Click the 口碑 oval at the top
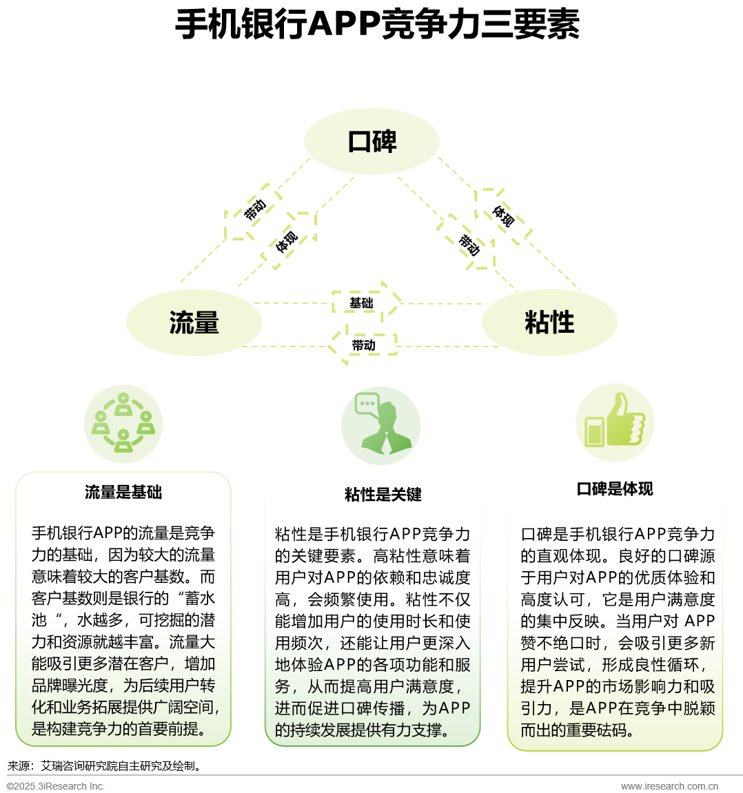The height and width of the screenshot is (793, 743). pos(371,141)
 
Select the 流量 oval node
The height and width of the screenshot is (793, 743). pos(194,322)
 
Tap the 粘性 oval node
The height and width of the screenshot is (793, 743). pos(549,322)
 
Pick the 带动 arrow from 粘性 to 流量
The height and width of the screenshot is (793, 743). pos(362,345)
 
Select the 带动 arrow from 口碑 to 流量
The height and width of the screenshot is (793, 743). pos(252,212)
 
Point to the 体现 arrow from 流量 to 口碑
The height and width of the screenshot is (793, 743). pos(289,240)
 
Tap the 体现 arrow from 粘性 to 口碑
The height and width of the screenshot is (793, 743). pos(502,216)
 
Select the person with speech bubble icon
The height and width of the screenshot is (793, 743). pos(380,426)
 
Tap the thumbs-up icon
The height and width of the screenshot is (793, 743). pos(615,422)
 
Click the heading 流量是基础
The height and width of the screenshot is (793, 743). pos(123,493)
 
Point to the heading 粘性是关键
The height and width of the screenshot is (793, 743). pos(383,495)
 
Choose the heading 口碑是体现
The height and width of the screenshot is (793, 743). pos(615,489)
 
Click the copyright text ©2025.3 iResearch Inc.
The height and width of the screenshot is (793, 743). pos(56,786)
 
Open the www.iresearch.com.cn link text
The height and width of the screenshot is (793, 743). pos(669,786)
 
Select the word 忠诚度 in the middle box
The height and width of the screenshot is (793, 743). pos(447,577)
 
